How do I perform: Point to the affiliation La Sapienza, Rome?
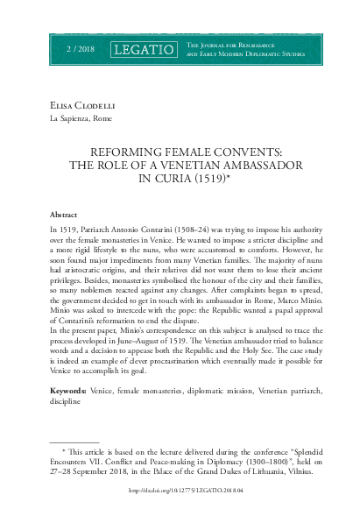coord(81,119)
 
